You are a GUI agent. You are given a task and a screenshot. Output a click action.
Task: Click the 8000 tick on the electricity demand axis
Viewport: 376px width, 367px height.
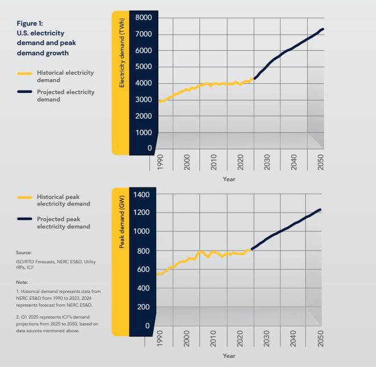(x=144, y=18)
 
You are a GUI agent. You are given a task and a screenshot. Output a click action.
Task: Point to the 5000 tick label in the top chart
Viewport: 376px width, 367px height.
(x=144, y=67)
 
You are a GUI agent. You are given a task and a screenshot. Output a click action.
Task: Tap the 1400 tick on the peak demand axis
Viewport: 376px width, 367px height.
(x=141, y=195)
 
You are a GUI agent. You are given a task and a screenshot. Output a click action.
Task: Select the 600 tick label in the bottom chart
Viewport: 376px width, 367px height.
(x=143, y=270)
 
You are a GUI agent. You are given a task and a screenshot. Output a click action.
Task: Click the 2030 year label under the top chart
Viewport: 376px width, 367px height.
(x=267, y=162)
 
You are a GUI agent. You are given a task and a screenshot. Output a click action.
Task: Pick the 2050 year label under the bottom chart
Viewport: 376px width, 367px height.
(x=321, y=339)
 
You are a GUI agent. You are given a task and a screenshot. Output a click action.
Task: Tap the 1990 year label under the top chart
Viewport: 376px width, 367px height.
(x=160, y=162)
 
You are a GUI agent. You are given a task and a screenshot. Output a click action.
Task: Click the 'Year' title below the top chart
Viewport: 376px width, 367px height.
(x=229, y=179)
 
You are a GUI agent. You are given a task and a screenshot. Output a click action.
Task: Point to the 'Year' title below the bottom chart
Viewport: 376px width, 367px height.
(x=229, y=356)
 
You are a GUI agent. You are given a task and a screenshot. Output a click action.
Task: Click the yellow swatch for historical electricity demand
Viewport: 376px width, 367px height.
(x=24, y=73)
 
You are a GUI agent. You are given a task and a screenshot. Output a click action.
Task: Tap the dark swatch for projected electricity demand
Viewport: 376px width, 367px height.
(x=24, y=92)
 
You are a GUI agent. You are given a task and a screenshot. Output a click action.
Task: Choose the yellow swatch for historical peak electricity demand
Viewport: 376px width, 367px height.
(x=24, y=197)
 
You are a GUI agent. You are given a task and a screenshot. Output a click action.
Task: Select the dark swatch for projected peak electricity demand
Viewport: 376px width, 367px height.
(x=24, y=219)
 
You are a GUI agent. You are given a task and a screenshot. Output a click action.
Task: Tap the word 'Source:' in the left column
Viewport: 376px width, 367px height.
(x=23, y=252)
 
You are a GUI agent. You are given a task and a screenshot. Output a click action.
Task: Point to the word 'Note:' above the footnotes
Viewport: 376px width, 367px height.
(x=22, y=282)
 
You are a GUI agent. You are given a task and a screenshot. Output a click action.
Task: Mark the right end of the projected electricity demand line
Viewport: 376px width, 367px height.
(x=323, y=29)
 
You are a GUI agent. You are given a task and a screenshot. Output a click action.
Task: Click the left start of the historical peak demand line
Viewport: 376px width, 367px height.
(x=157, y=274)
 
